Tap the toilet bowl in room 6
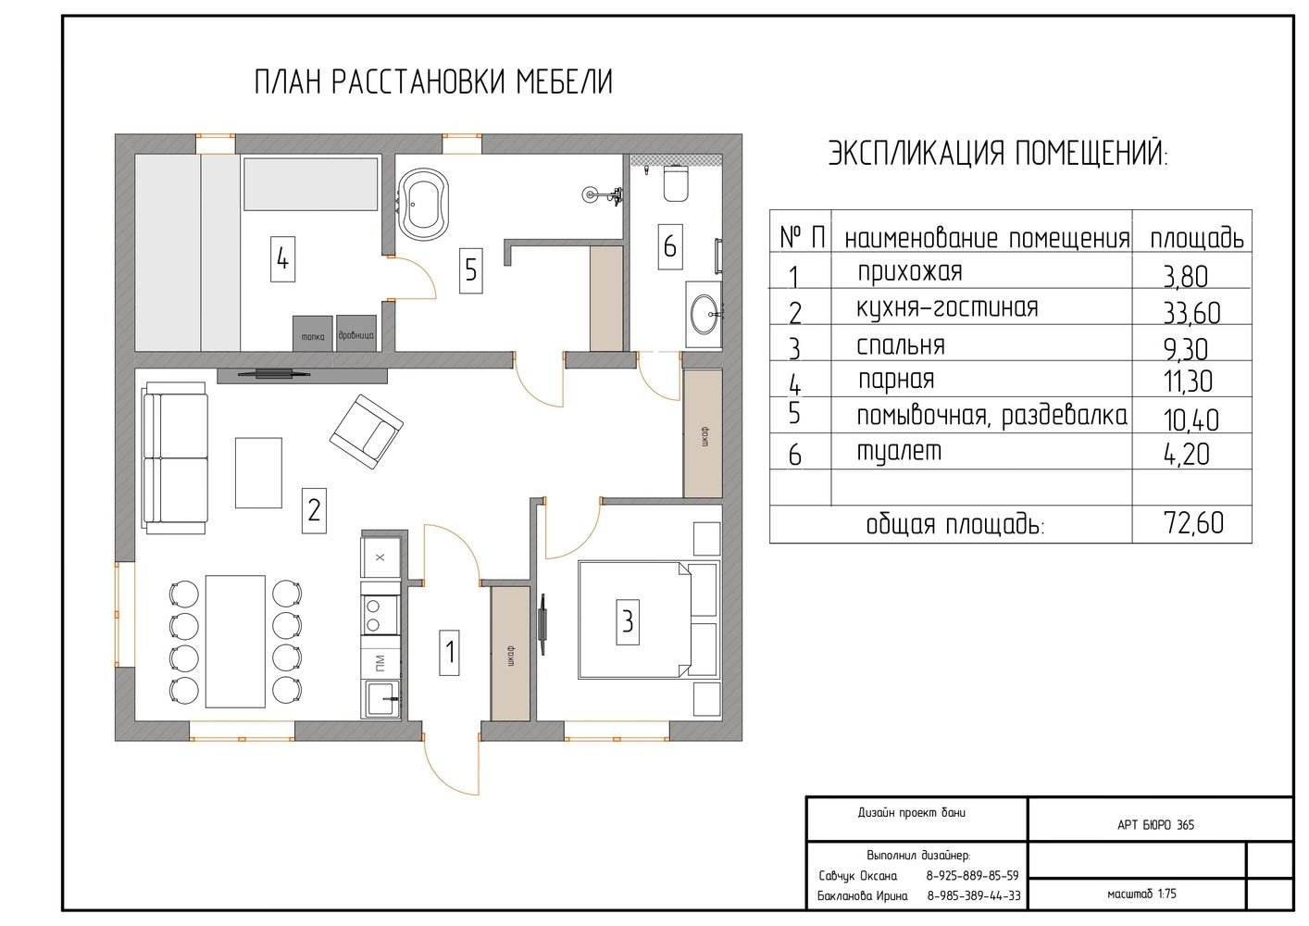[x=676, y=183]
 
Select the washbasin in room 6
[x=705, y=315]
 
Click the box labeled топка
[x=313, y=333]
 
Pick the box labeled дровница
[x=355, y=333]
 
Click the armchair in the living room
[x=367, y=432]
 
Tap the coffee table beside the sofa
[x=258, y=473]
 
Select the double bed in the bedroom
[x=647, y=620]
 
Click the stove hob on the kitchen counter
[x=380, y=616]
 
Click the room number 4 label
[x=283, y=259]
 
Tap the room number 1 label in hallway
[x=449, y=653]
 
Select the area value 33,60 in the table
[x=1192, y=314]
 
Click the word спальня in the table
[x=901, y=345]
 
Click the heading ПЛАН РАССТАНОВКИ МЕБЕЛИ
[x=433, y=81]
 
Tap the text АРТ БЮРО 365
[x=1156, y=825]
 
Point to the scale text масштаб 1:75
[x=1141, y=894]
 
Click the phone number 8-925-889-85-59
[x=972, y=876]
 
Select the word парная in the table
[x=896, y=380]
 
